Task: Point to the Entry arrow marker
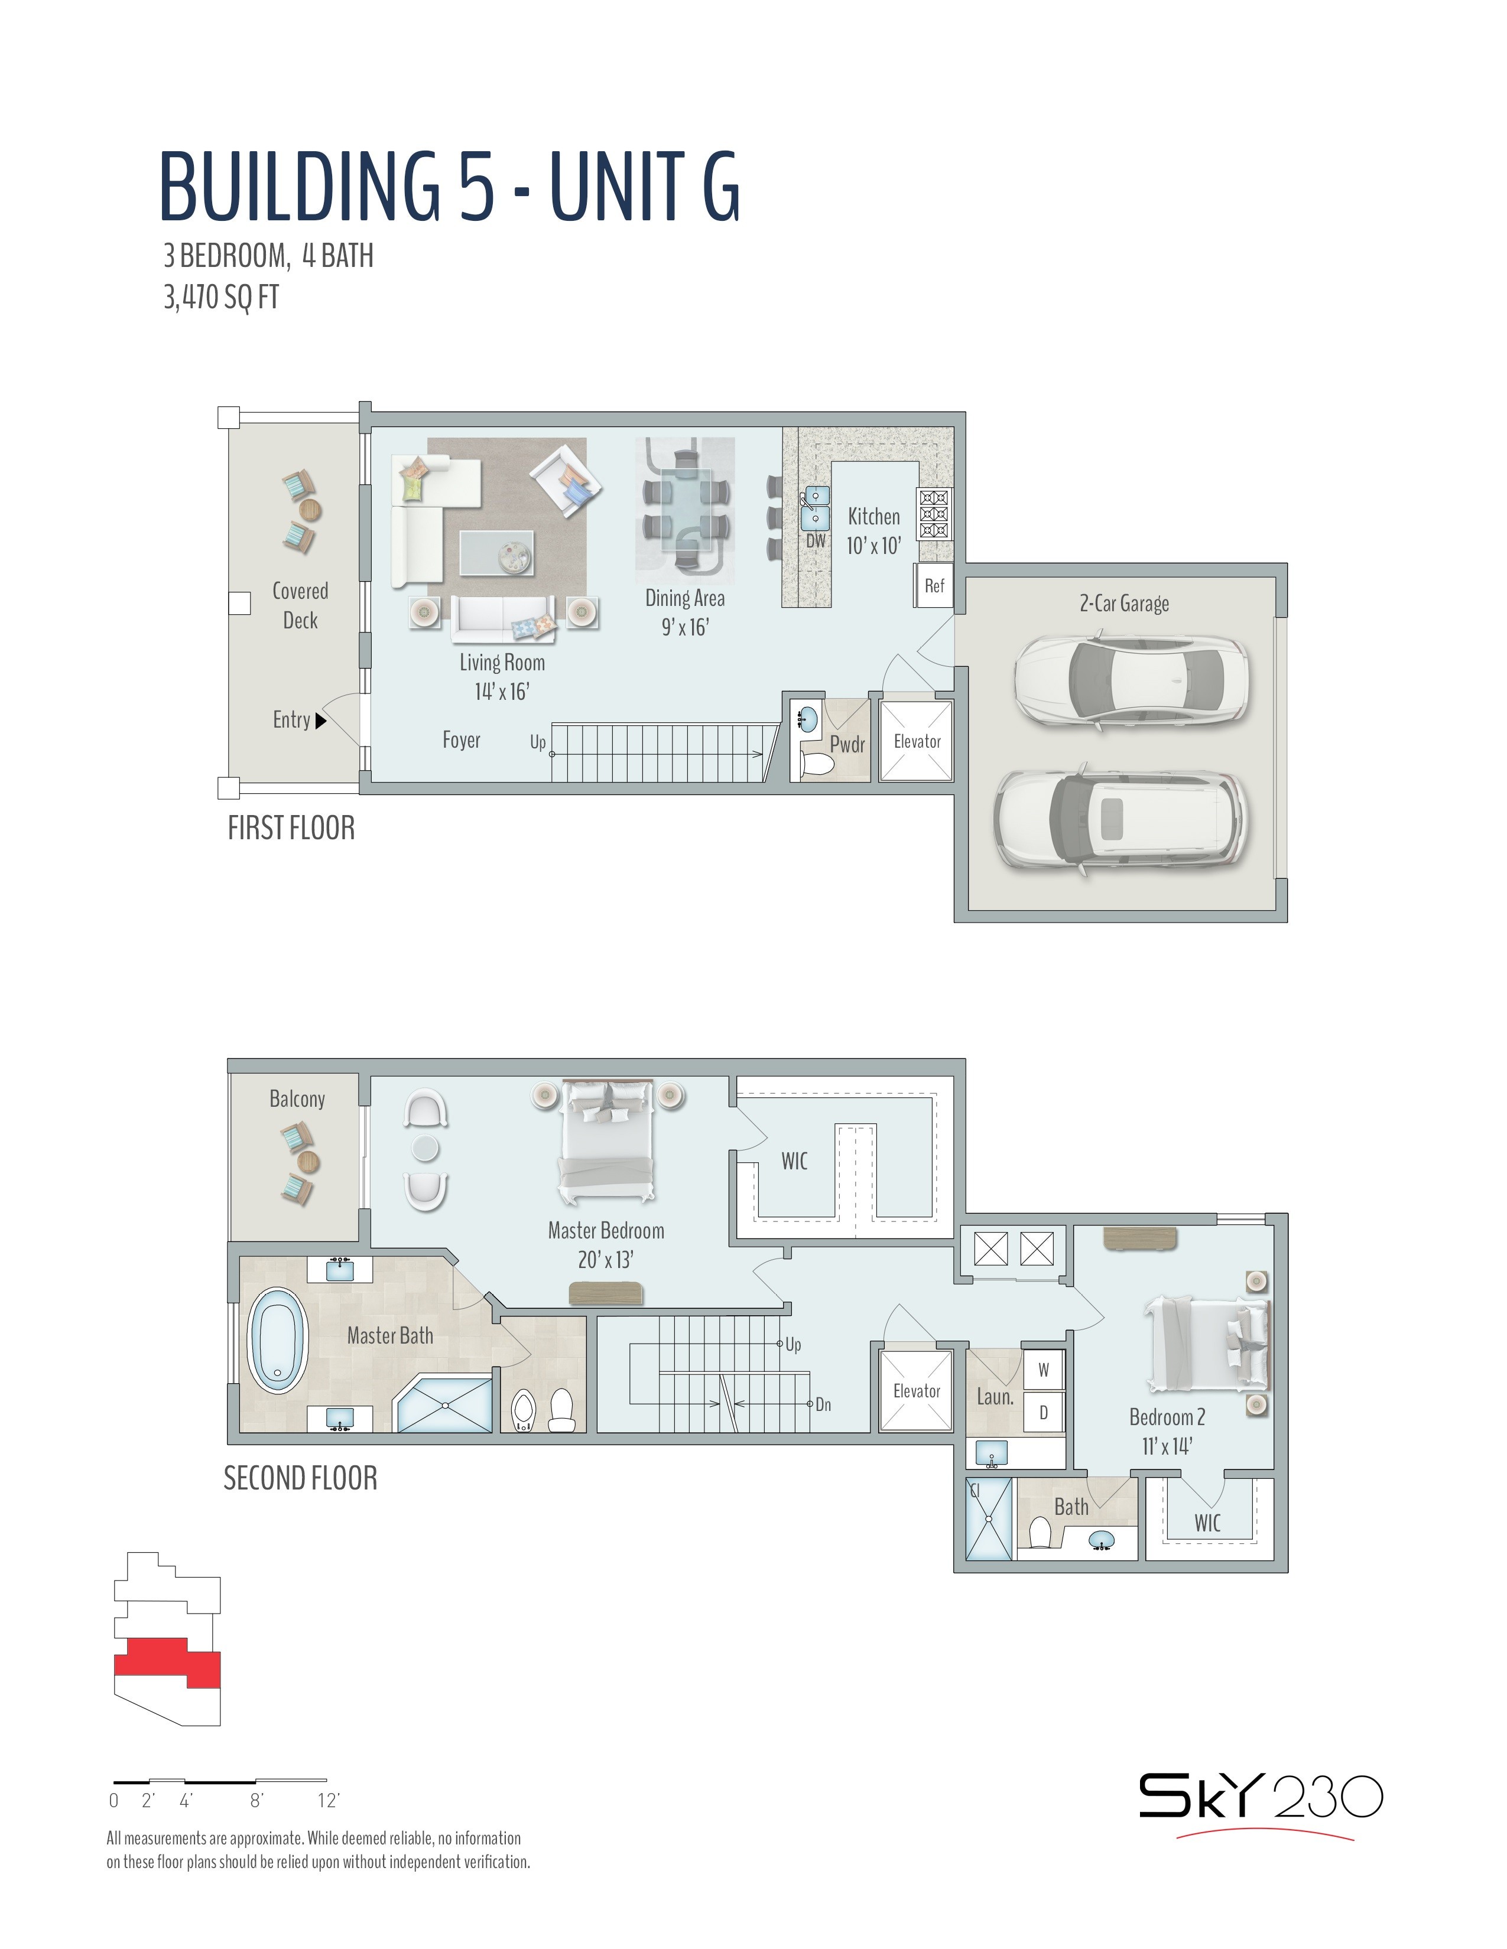point(321,720)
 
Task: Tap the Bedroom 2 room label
point(1167,1417)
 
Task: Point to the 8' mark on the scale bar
point(256,1800)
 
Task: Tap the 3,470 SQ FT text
point(220,296)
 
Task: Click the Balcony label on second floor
point(297,1099)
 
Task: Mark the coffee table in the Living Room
point(497,552)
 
